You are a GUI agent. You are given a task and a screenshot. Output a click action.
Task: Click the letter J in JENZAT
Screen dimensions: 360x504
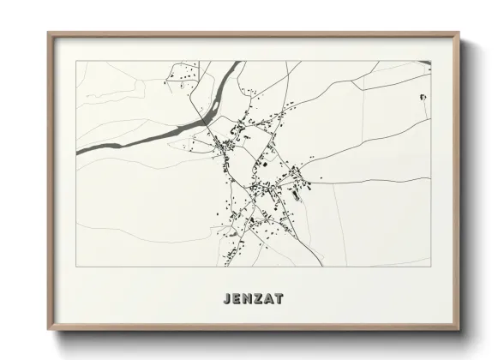tap(225, 299)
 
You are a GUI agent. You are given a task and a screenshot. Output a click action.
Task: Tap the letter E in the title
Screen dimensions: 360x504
tap(236, 299)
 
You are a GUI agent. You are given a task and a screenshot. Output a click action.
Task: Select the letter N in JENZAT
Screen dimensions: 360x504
tap(247, 299)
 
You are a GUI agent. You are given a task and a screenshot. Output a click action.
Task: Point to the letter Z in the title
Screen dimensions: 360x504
tap(258, 299)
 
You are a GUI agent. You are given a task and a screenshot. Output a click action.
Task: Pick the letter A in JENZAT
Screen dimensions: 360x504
tap(269, 299)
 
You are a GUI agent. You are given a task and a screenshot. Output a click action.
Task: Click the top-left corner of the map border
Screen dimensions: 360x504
tap(76, 61)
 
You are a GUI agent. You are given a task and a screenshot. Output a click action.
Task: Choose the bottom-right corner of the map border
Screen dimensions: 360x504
tap(431, 267)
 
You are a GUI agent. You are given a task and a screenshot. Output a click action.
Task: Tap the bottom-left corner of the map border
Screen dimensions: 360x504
tap(76, 267)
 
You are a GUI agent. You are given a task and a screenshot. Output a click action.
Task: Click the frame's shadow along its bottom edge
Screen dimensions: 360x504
tap(257, 335)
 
